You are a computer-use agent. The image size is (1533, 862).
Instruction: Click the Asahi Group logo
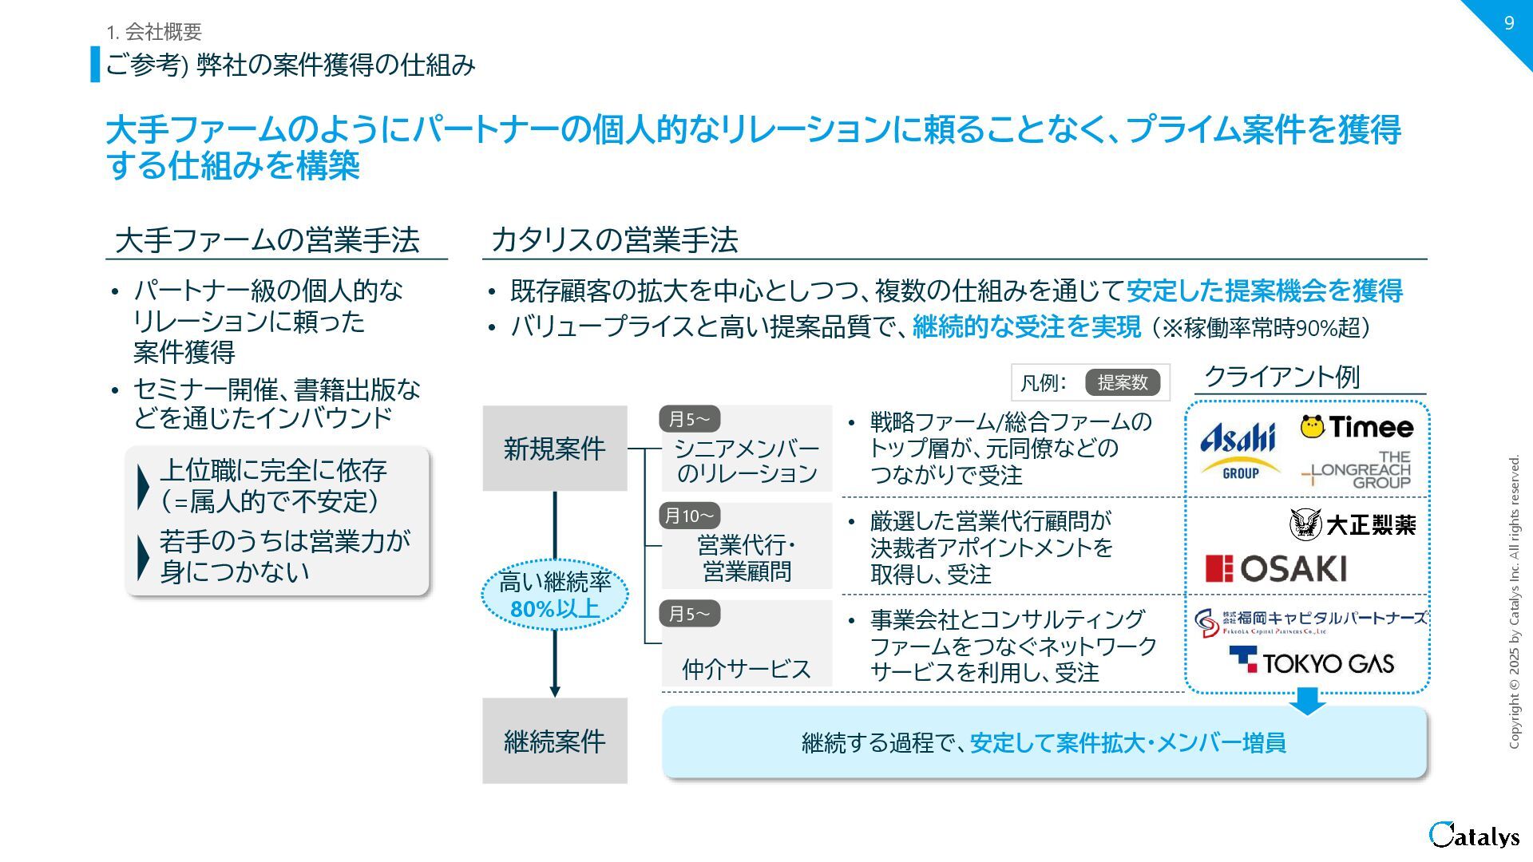[x=1238, y=450]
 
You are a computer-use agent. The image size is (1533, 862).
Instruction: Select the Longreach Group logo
[x=1357, y=469]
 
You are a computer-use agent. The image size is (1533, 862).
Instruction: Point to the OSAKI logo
[x=1275, y=569]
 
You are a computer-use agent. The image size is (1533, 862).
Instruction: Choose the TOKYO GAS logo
[x=1311, y=662]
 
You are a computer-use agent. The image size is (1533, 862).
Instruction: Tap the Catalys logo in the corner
[x=1474, y=835]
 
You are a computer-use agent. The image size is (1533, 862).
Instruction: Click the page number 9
[x=1508, y=22]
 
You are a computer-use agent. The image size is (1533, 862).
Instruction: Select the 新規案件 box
[x=554, y=449]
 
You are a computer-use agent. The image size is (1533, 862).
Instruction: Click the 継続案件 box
[x=554, y=741]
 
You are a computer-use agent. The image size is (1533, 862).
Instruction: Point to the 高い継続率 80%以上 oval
[x=554, y=595]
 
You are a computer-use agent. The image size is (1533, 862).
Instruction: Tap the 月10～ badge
[x=689, y=516]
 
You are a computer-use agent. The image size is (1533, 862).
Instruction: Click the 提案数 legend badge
[x=1122, y=382]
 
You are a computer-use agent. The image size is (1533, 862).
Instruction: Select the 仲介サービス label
[x=746, y=669]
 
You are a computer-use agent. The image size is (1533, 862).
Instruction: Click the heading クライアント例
[x=1281, y=377]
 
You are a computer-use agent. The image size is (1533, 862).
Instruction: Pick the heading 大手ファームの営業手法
[x=267, y=240]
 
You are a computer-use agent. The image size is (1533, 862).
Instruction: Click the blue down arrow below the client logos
[x=1307, y=701]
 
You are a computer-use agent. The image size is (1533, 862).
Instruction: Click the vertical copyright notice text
[x=1514, y=602]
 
